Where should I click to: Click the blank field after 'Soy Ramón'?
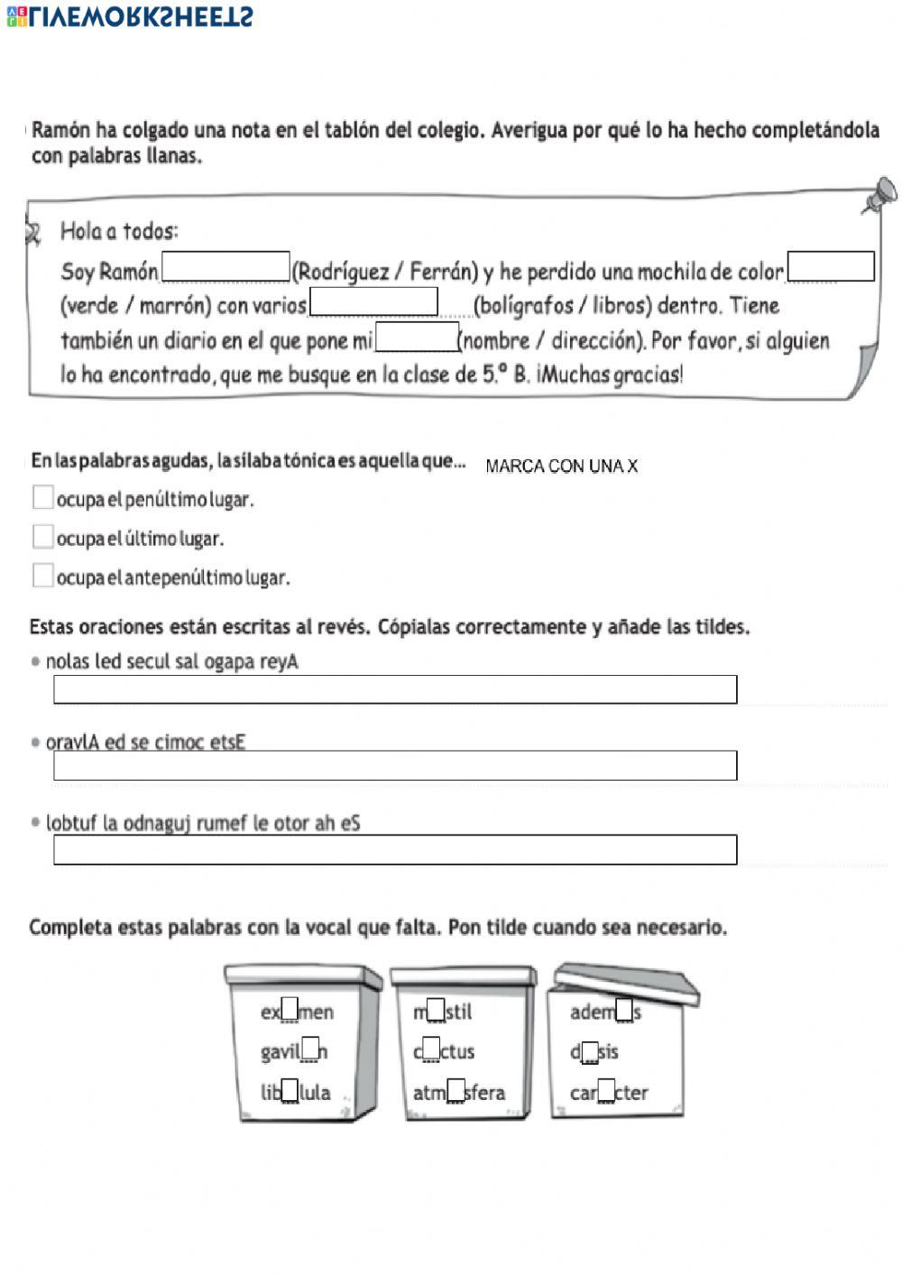[x=225, y=267]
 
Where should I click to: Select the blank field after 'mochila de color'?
[x=831, y=267]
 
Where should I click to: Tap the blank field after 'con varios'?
[x=373, y=302]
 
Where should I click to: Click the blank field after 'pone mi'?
[x=417, y=337]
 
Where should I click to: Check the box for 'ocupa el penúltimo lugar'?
[x=42, y=497]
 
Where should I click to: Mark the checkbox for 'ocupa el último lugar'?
[x=42, y=537]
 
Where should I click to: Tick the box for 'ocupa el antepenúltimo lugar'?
[x=42, y=576]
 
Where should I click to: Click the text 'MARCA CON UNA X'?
[x=561, y=467]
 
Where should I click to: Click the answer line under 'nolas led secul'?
[x=395, y=689]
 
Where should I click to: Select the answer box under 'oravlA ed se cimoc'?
[x=395, y=765]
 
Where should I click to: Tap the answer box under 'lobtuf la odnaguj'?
[x=395, y=850]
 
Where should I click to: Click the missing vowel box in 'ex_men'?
[x=290, y=1011]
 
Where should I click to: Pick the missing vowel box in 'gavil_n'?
[x=310, y=1050]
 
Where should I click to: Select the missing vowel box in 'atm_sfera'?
[x=456, y=1091]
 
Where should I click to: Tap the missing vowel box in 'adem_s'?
[x=624, y=1011]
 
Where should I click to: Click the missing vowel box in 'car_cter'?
[x=605, y=1091]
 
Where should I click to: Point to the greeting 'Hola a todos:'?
[x=119, y=232]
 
